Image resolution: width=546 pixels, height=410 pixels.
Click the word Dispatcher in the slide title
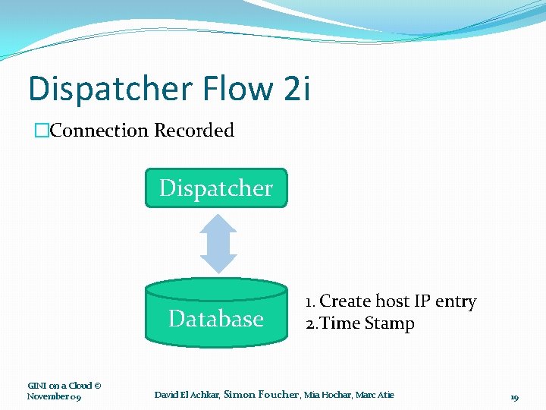[108, 89]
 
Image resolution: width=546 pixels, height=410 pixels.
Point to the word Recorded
[194, 131]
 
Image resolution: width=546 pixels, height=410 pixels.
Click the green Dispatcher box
[216, 188]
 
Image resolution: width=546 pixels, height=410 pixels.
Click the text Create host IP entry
[398, 301]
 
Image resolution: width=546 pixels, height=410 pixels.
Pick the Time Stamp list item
[369, 323]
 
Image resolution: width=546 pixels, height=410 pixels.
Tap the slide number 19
[514, 397]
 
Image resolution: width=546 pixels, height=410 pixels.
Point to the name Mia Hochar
[328, 395]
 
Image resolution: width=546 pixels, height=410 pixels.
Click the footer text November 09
[54, 396]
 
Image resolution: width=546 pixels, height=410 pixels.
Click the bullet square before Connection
[42, 131]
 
